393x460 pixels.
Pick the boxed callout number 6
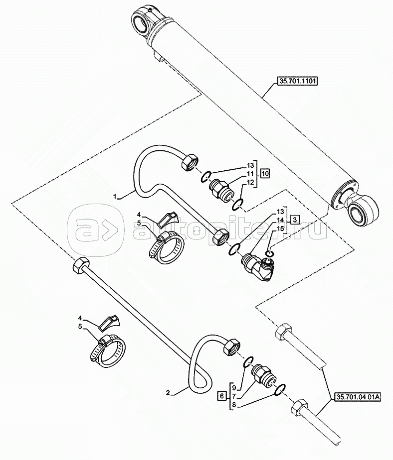click(221, 396)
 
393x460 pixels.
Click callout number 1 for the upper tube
click(115, 197)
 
